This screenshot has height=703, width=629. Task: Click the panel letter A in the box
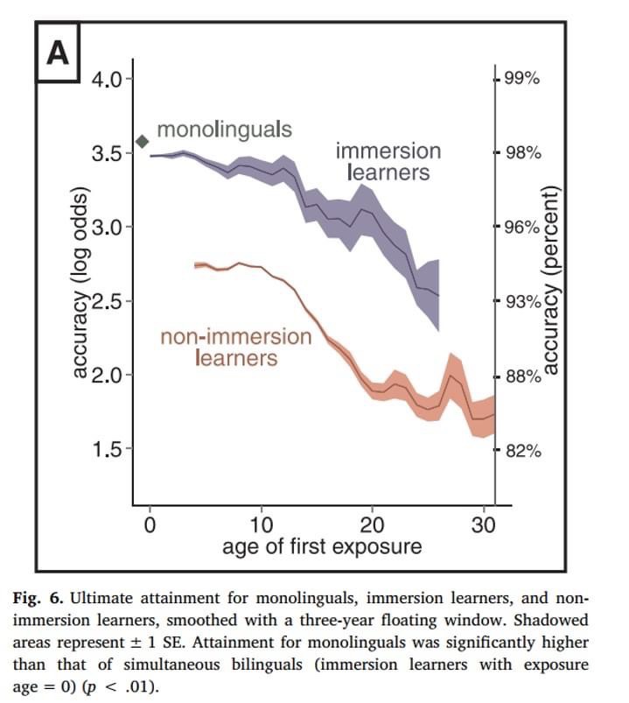57,53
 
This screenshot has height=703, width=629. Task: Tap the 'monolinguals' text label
224,130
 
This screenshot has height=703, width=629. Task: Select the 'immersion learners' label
388,161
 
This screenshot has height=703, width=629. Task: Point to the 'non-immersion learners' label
236,347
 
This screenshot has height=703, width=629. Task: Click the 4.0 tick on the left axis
109,80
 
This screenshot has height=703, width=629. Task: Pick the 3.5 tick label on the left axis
109,153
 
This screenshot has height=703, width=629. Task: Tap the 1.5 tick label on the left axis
109,450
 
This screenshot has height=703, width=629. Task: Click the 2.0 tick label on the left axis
109,376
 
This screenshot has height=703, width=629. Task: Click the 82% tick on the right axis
522,451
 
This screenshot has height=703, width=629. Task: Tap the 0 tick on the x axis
150,526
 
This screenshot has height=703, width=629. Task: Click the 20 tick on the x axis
373,526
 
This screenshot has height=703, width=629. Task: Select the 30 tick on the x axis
484,526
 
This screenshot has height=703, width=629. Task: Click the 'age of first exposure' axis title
321,548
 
